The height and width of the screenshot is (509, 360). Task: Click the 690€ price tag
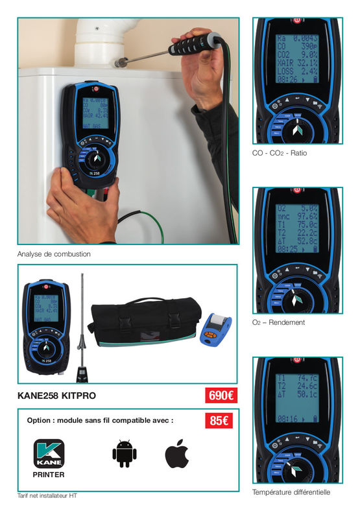coord(221,395)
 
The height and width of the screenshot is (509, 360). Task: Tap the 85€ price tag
coord(219,420)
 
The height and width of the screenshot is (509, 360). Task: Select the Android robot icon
coord(125,453)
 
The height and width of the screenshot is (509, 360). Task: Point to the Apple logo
coord(176,453)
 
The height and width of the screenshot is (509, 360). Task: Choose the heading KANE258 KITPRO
coord(57,395)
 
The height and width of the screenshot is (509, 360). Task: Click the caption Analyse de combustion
coord(54,254)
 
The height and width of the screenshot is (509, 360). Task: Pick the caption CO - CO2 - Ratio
coord(280,153)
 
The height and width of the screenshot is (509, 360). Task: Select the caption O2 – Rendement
coord(278,322)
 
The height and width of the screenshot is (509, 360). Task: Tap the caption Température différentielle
coord(291,492)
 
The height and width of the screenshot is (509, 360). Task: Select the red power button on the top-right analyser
coord(297,21)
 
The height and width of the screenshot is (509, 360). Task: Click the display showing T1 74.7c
coord(296,397)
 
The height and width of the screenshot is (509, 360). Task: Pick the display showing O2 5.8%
coord(296,227)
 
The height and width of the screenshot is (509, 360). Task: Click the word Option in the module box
coord(40,420)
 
